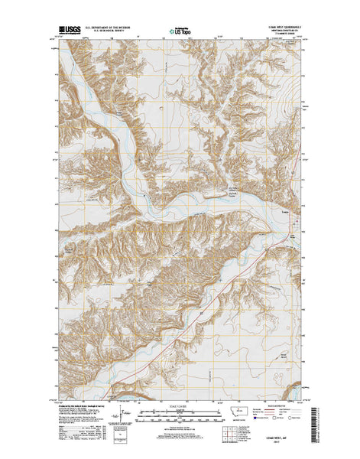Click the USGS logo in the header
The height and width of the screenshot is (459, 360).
pyautogui.click(x=69, y=33)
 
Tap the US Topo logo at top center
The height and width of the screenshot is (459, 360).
pyautogui.click(x=180, y=33)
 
